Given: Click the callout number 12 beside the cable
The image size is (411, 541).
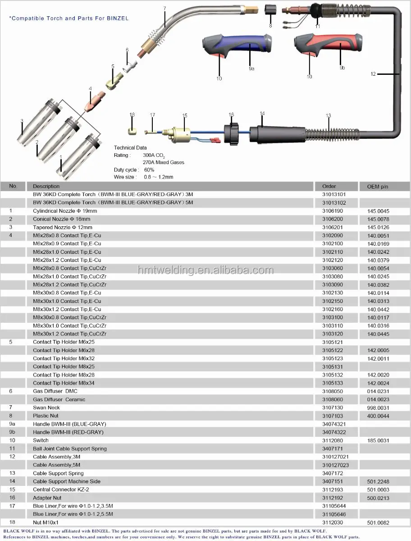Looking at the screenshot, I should (373, 74).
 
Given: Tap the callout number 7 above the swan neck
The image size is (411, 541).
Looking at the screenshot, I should (164, 9).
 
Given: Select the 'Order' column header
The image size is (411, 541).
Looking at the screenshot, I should (329, 186).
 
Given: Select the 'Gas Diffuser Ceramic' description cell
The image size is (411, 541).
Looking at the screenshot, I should (59, 399).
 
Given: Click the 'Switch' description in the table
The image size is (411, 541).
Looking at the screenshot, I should (41, 440).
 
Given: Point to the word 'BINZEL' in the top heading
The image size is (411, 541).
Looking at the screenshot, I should (118, 19).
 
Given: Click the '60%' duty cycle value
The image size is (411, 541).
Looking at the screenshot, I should (149, 170).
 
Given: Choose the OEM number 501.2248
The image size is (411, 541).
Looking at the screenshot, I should (378, 481).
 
